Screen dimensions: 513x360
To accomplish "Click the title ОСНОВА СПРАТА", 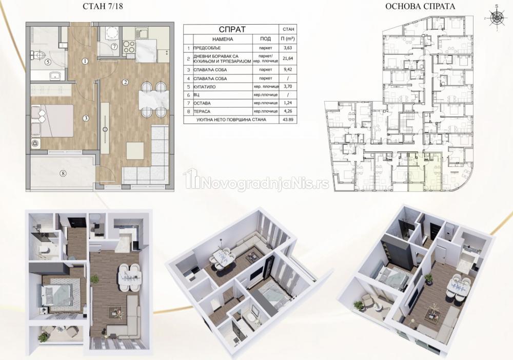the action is pos(420,6).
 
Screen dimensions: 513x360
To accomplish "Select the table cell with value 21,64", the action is pos(288,59).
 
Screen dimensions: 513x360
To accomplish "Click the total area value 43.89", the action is pos(288,119).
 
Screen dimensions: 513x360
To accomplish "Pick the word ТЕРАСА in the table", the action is pos(202,111).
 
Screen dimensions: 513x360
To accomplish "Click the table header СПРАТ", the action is pos(232,29).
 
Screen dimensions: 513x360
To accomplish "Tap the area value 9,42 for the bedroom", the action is pos(288,70).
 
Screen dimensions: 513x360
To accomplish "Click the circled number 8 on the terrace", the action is pos(63,173).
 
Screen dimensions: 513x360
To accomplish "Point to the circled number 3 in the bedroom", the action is pos(86,118).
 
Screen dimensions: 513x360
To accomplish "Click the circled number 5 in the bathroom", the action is pos(47,61).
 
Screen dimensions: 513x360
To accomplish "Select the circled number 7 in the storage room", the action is pos(114,47).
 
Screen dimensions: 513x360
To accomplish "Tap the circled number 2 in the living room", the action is pos(125,82).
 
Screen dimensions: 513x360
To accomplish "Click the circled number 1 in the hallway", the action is pos(85,61).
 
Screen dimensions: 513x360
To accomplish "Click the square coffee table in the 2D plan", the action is pos(135,150).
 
